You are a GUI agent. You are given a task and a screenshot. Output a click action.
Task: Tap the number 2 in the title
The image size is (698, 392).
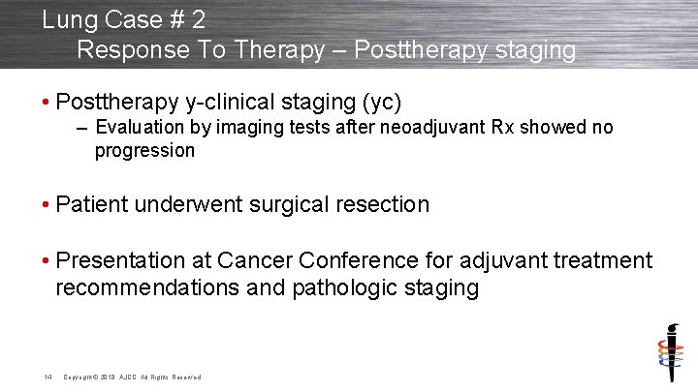pos(198,19)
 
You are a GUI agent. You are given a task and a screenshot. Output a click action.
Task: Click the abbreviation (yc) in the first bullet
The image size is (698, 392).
pos(382,102)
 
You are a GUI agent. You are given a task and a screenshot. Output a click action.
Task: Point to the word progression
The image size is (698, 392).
pos(144,151)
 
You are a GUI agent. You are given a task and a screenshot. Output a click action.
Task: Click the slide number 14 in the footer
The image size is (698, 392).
pos(47,376)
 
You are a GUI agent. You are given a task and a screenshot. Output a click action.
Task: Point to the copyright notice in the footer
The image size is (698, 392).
pos(132,377)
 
